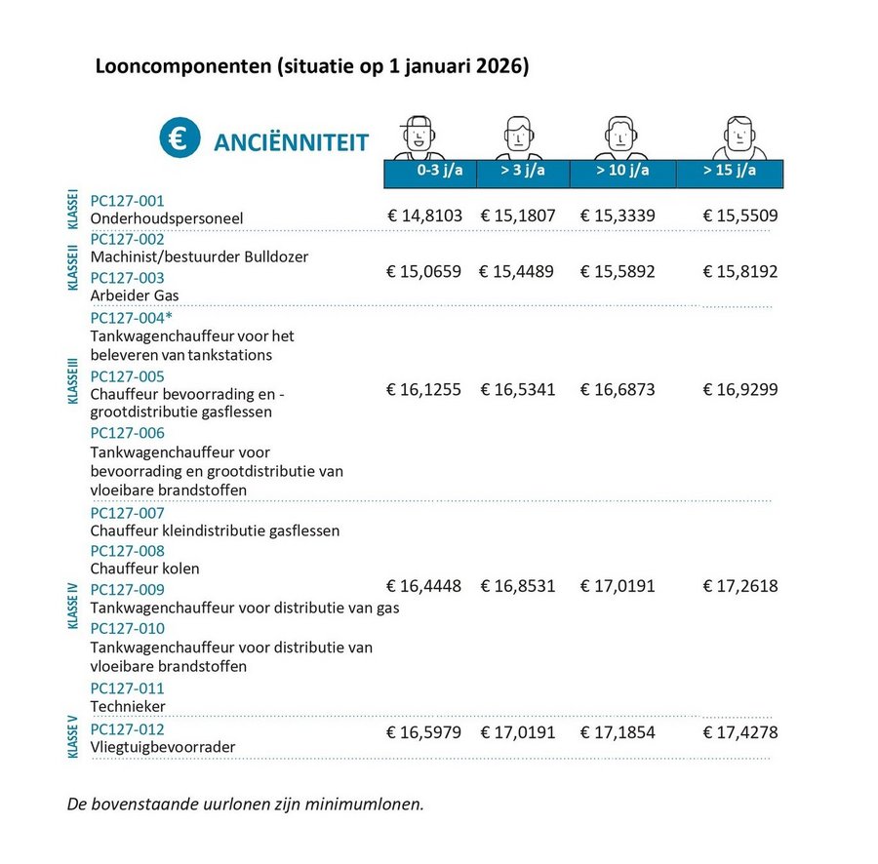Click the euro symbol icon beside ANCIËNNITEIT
pyautogui.click(x=180, y=139)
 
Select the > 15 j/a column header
pyautogui.click(x=730, y=172)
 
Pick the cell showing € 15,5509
pyautogui.click(x=740, y=215)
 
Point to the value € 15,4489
pyautogui.click(x=516, y=271)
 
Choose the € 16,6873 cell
pyautogui.click(x=618, y=390)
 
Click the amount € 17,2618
pyautogui.click(x=740, y=587)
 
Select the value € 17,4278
pyautogui.click(x=740, y=731)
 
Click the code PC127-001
pyautogui.click(x=128, y=200)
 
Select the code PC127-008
pyautogui.click(x=128, y=551)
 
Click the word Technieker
pyautogui.click(x=128, y=706)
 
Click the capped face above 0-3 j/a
pyautogui.click(x=419, y=137)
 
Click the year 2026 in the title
pyautogui.click(x=508, y=68)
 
